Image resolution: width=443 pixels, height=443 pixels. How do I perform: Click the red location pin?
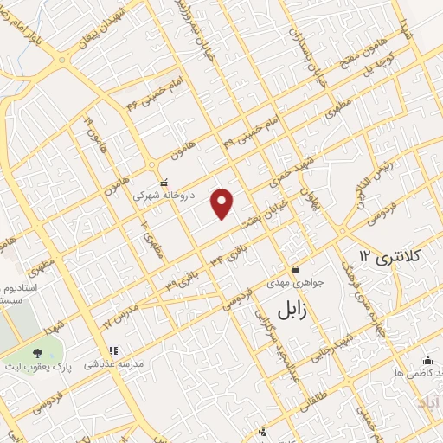pos(223,203)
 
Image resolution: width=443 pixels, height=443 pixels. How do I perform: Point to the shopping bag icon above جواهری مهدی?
pos(296,268)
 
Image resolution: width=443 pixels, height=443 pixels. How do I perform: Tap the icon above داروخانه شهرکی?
pos(164,183)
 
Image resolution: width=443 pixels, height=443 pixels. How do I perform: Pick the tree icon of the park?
pos(38,353)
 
